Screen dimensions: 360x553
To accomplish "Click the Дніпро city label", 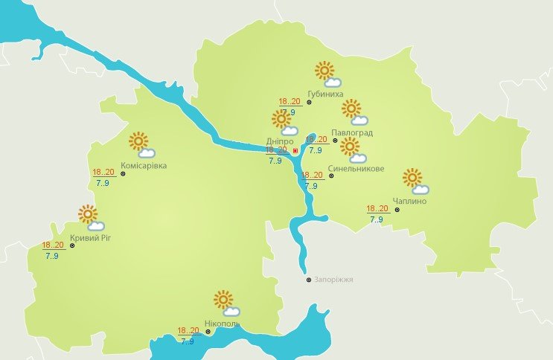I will tap(279, 141).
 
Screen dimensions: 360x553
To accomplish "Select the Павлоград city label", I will tap(355, 133).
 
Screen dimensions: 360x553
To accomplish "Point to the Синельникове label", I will tap(356, 169).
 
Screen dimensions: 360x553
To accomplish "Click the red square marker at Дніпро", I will tap(295, 151).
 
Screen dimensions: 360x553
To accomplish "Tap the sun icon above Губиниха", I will tap(324, 71).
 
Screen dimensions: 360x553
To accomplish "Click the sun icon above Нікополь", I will tap(223, 300).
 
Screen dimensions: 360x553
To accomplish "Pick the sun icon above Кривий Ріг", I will tap(88, 214).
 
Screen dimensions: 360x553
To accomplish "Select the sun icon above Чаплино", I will tap(412, 177).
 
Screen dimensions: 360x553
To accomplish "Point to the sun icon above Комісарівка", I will tap(138, 141).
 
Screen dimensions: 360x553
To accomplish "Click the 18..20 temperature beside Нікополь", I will tap(188, 331).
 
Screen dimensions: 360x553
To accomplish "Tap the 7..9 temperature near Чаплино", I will tap(377, 219).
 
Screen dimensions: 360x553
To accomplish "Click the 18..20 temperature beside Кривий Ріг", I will tap(53, 245).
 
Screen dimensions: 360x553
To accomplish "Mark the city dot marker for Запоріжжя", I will tap(310, 280).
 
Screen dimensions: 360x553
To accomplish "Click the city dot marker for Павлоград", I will tap(335, 140).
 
